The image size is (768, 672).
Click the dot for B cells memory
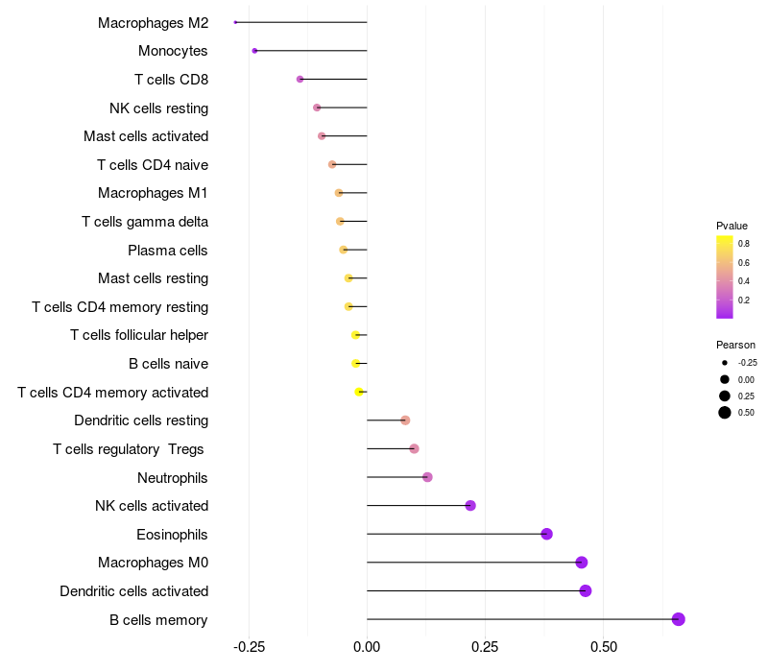click(x=679, y=619)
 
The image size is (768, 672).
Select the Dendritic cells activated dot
click(x=586, y=590)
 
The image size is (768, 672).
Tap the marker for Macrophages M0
click(x=581, y=563)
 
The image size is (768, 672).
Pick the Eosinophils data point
click(x=546, y=534)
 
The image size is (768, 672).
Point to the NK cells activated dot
click(x=470, y=506)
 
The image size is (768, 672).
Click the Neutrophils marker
click(x=427, y=477)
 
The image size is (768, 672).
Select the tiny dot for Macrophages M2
click(x=235, y=22)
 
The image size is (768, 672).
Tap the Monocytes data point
click(x=254, y=51)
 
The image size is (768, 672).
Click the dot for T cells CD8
click(x=300, y=79)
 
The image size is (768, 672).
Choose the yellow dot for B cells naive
click(x=356, y=364)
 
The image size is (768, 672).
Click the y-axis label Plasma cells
click(x=168, y=251)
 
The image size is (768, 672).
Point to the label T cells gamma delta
click(x=145, y=222)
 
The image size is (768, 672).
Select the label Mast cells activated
click(x=146, y=136)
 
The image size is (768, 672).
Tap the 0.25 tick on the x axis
click(x=485, y=648)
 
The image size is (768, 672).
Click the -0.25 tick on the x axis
click(x=249, y=648)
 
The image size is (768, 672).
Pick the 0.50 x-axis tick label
click(x=603, y=648)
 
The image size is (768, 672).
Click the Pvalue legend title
click(x=732, y=226)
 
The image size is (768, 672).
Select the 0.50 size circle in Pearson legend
click(x=725, y=413)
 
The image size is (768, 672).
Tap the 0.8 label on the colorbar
click(x=744, y=244)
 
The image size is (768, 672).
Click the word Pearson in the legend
click(x=735, y=345)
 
